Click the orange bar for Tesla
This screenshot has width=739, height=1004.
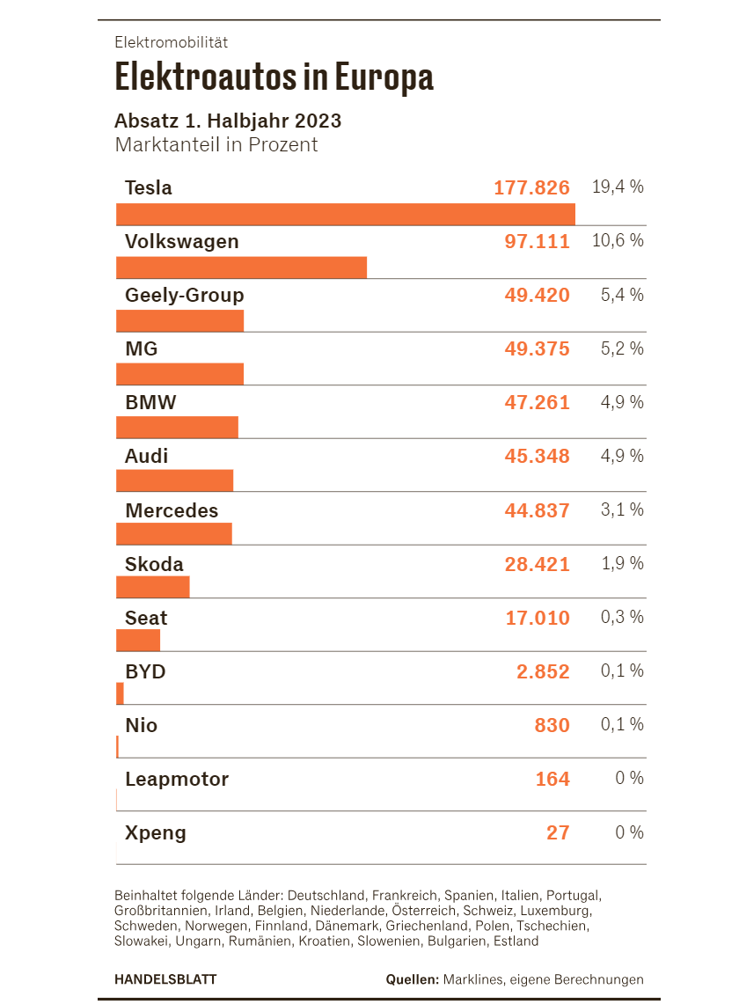[346, 215]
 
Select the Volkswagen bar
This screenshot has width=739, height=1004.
[241, 267]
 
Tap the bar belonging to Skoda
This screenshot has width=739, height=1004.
[153, 587]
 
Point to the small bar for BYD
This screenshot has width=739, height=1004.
[120, 693]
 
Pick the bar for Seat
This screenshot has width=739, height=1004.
[138, 641]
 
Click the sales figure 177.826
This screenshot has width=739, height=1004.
[531, 187]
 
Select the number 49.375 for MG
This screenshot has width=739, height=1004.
[537, 349]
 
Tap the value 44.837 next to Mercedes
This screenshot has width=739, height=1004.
[537, 510]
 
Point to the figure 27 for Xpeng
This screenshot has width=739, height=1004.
[558, 832]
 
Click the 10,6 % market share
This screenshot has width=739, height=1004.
[618, 241]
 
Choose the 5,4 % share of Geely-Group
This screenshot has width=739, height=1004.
[623, 295]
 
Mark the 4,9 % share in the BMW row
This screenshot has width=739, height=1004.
[623, 402]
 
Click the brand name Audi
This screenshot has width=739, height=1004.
[147, 456]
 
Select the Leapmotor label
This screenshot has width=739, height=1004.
[177, 780]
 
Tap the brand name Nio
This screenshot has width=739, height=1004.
[142, 725]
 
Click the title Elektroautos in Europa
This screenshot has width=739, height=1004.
[274, 77]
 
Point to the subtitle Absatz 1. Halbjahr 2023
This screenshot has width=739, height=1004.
[228, 121]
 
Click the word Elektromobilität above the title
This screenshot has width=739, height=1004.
[172, 42]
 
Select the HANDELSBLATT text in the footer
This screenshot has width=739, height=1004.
[166, 979]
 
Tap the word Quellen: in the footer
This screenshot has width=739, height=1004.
[413, 979]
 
